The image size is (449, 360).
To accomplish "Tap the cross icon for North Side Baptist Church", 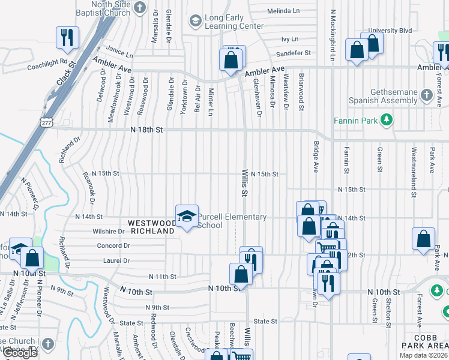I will [140, 8].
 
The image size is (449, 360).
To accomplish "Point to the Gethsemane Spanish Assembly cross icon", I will [426, 95].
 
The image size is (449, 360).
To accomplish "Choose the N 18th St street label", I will [147, 129].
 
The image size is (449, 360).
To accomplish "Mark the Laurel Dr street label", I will [116, 261].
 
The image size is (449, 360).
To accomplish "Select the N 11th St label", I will [163, 277].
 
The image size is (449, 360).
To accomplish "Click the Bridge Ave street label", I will [315, 157].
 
